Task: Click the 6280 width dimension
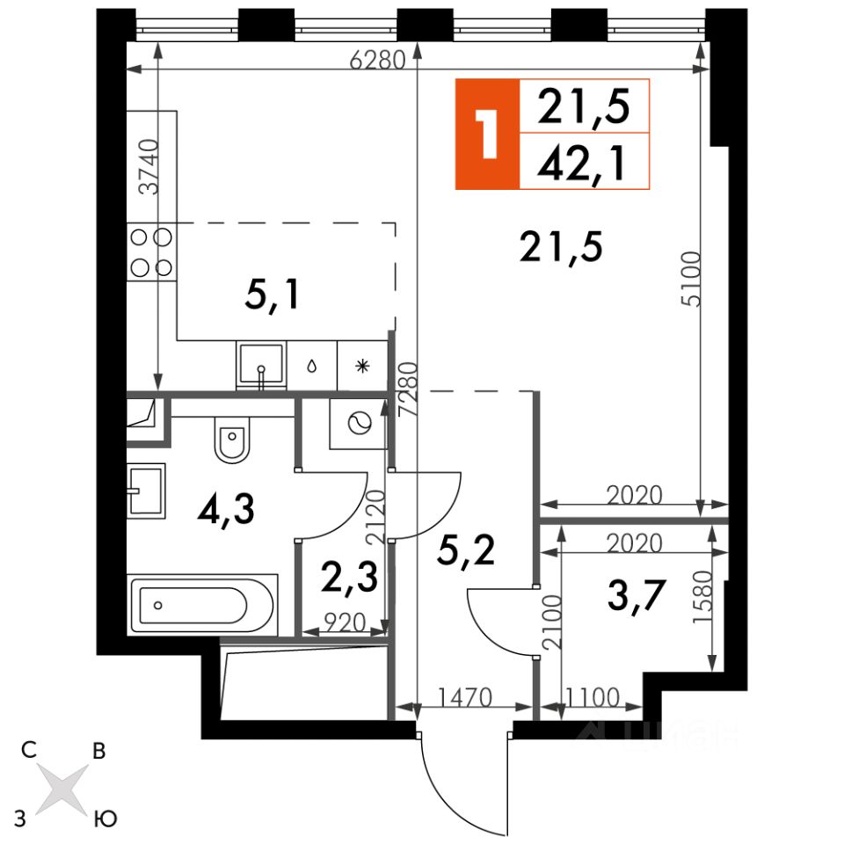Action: click(x=377, y=60)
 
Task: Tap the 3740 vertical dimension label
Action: click(x=149, y=166)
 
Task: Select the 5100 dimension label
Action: click(x=692, y=279)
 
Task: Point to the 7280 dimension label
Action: click(x=408, y=389)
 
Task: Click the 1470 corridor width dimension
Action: click(x=465, y=697)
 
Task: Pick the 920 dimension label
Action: click(x=345, y=622)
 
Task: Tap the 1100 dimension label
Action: click(x=593, y=698)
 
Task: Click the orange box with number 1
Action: click(x=488, y=134)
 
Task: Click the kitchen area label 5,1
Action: click(x=272, y=295)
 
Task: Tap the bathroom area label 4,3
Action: click(x=226, y=509)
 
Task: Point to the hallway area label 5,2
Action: click(x=466, y=549)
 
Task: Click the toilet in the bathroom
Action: click(x=232, y=439)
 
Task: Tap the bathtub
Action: click(x=202, y=605)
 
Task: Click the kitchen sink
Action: click(x=261, y=366)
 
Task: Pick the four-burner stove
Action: click(x=152, y=252)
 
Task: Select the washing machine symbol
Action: click(x=359, y=424)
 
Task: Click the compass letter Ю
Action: click(x=105, y=819)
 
